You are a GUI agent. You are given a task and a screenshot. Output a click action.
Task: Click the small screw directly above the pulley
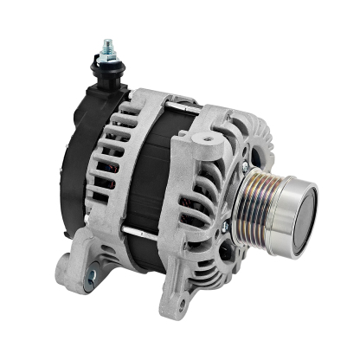click(x=247, y=161)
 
